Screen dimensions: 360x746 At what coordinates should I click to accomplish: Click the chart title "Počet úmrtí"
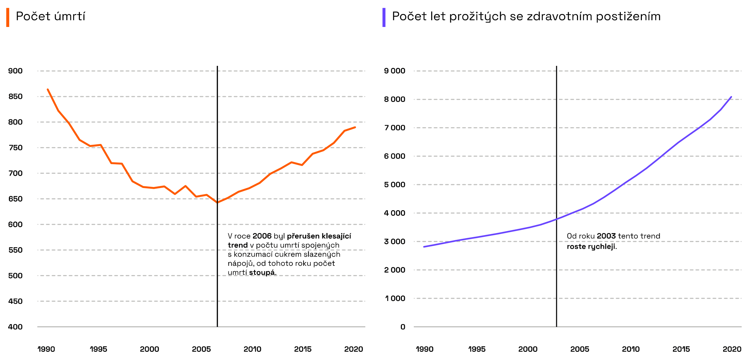click(x=51, y=16)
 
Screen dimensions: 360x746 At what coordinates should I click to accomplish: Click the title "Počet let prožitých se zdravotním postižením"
click(x=526, y=16)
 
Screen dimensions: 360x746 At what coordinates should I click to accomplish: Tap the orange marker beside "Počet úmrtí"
click(x=8, y=17)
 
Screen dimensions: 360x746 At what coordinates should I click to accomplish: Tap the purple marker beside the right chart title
click(x=384, y=17)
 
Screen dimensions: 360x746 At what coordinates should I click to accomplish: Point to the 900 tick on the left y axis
click(x=15, y=71)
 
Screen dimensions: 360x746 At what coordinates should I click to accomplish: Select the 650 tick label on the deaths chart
click(x=15, y=199)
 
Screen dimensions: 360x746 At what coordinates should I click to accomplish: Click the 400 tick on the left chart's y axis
click(x=15, y=327)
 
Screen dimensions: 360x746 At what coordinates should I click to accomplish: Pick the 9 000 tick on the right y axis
click(x=394, y=71)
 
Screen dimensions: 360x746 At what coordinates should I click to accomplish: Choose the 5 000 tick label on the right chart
click(x=394, y=185)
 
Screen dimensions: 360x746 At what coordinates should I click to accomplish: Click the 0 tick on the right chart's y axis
click(x=403, y=327)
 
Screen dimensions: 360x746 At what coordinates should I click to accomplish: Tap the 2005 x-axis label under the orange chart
click(x=201, y=349)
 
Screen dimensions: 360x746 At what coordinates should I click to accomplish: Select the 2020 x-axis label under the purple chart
click(x=732, y=349)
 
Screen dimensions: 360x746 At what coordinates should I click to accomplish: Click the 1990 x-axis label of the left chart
click(x=46, y=349)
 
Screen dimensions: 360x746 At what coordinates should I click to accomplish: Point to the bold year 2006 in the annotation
click(x=262, y=236)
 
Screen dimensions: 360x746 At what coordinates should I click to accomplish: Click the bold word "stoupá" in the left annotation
click(x=262, y=273)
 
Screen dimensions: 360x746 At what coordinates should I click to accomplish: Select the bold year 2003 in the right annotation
click(x=606, y=236)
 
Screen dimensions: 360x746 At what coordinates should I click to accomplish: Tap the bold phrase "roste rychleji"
click(x=591, y=247)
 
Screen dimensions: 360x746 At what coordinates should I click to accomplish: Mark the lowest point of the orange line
click(x=217, y=203)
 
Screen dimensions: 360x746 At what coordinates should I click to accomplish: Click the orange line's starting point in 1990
click(x=48, y=89)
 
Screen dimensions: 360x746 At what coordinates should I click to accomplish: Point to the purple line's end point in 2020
click(x=731, y=97)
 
